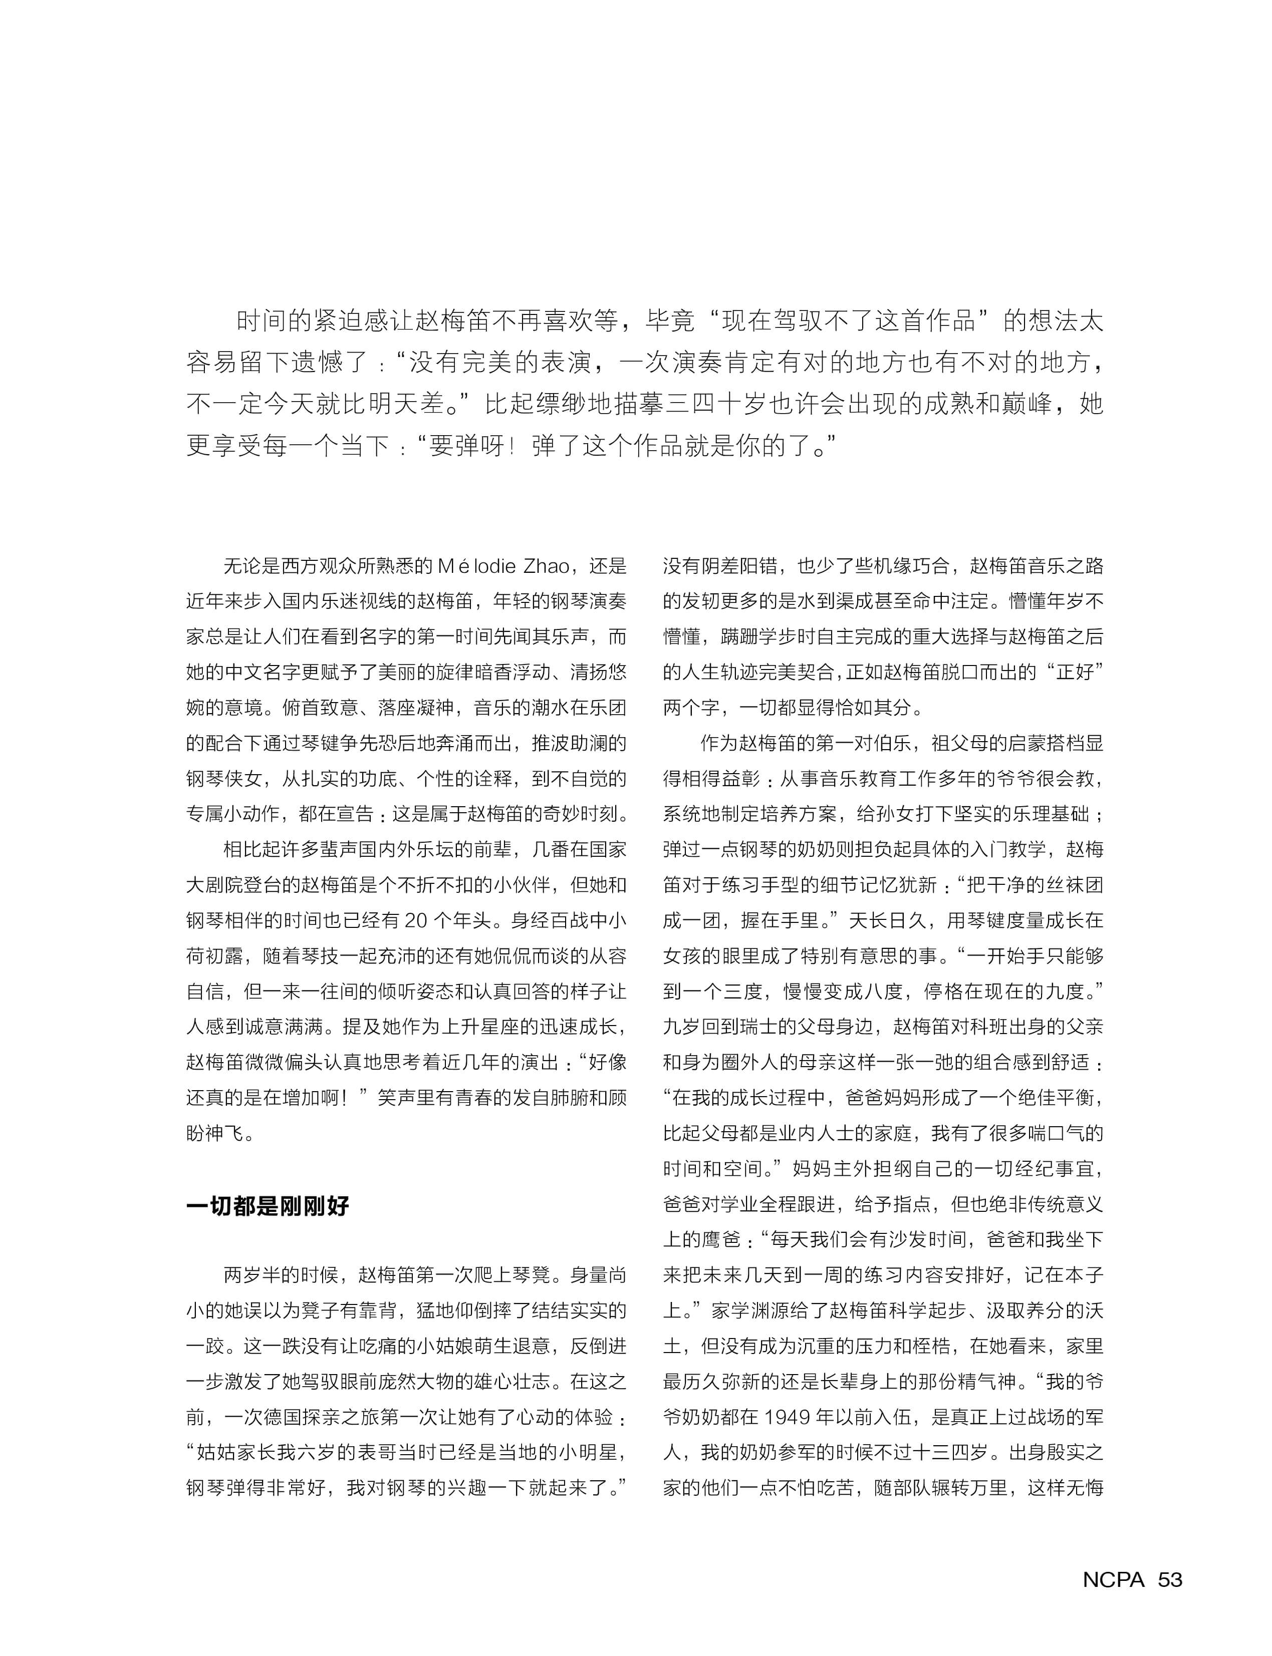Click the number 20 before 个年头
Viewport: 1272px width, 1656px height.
(x=417, y=920)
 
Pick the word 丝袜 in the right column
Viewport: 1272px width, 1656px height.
(x=1029, y=885)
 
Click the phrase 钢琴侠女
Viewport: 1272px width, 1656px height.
(x=224, y=778)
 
